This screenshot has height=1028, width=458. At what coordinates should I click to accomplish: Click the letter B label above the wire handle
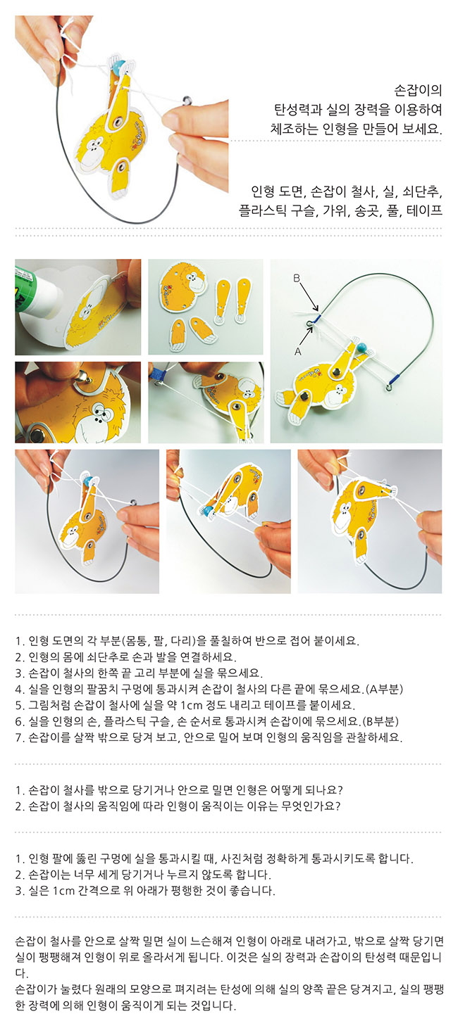[x=297, y=278]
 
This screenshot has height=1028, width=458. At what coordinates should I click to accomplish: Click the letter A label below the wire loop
[x=297, y=351]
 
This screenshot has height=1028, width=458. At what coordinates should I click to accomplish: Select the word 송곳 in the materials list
[x=368, y=210]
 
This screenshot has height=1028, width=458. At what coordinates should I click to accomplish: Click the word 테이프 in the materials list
[x=424, y=210]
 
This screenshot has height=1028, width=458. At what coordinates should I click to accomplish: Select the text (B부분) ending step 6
[x=380, y=721]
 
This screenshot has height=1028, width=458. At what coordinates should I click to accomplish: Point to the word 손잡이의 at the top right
[x=418, y=90]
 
